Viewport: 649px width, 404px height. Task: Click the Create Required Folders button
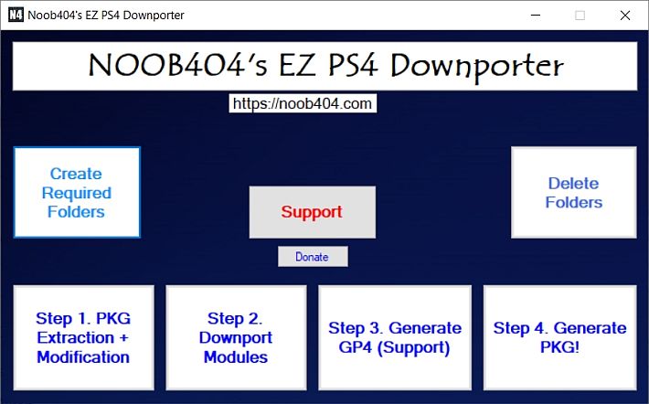pos(77,193)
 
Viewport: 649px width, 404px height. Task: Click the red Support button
pos(313,212)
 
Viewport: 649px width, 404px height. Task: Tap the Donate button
pos(313,257)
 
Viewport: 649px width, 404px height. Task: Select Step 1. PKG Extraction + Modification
pos(83,337)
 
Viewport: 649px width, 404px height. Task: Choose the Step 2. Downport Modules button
pos(237,337)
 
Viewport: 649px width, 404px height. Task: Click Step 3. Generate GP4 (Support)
pos(395,337)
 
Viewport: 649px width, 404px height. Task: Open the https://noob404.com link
pos(303,103)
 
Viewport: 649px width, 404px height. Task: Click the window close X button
pos(625,16)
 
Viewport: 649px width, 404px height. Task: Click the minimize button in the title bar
pos(536,16)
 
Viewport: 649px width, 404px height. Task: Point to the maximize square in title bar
pos(580,16)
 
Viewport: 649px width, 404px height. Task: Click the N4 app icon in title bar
pos(16,15)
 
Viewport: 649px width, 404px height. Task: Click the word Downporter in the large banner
pos(477,67)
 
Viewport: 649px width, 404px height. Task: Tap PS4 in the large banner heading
pos(353,66)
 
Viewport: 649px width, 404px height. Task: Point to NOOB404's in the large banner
pos(178,66)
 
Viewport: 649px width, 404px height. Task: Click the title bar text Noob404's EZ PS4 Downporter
pos(106,16)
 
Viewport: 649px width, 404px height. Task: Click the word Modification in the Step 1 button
pos(83,356)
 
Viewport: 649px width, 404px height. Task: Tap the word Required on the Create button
pos(77,193)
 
